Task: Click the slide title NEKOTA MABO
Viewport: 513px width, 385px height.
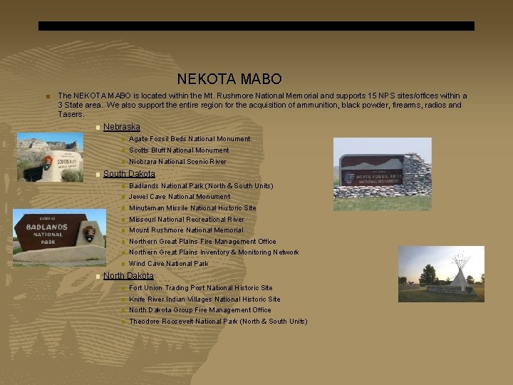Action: pyautogui.click(x=229, y=79)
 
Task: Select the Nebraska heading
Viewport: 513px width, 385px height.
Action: pyautogui.click(x=122, y=127)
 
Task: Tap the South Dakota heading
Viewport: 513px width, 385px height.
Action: pyautogui.click(x=129, y=174)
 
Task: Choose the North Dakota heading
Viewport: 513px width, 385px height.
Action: pyautogui.click(x=128, y=276)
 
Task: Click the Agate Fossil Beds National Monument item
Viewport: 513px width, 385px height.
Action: pyautogui.click(x=190, y=139)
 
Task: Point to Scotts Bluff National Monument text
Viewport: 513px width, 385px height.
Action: pyautogui.click(x=179, y=150)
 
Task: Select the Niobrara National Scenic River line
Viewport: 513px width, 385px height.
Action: pyautogui.click(x=177, y=162)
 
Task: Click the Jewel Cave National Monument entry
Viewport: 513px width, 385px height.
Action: pyautogui.click(x=180, y=197)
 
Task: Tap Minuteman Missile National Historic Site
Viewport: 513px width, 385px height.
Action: pyautogui.click(x=192, y=208)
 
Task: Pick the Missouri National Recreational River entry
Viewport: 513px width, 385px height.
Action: pyautogui.click(x=186, y=220)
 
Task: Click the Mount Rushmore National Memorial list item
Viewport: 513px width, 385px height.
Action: pyautogui.click(x=186, y=230)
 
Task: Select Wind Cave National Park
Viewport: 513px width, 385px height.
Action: pyautogui.click(x=169, y=264)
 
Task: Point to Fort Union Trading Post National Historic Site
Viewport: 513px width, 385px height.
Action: pyautogui.click(x=200, y=288)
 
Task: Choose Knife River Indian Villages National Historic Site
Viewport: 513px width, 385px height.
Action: pyautogui.click(x=204, y=299)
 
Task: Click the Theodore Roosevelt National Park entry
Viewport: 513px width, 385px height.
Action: pyautogui.click(x=218, y=322)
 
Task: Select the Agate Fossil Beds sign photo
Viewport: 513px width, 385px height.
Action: pyautogui.click(x=383, y=173)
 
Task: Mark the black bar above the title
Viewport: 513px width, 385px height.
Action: pyautogui.click(x=256, y=26)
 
